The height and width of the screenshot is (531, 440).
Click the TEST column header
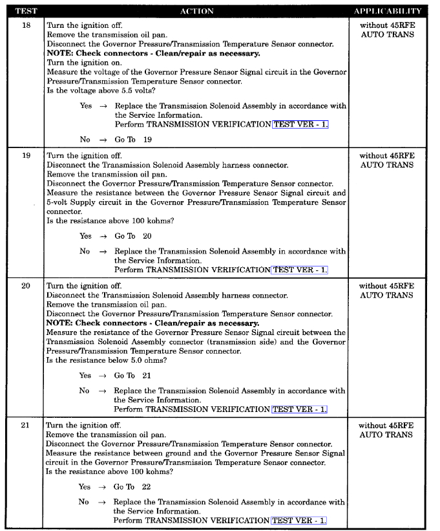(26, 11)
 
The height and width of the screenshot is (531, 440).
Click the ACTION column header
(197, 11)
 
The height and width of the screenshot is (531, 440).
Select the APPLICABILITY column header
(387, 11)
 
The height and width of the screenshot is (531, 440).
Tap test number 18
(26, 26)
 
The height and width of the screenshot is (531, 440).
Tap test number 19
(26, 156)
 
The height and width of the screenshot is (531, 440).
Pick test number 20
(26, 286)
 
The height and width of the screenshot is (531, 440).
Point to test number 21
(26, 426)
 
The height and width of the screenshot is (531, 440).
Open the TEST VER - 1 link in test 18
(300, 124)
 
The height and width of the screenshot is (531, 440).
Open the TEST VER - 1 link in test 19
(300, 270)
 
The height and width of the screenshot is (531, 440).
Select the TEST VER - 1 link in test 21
(299, 520)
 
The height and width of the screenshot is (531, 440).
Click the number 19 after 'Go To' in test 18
(147, 140)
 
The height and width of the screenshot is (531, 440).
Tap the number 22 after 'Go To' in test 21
(146, 487)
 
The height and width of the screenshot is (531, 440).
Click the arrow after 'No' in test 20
(102, 391)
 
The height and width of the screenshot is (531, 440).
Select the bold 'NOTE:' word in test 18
(59, 54)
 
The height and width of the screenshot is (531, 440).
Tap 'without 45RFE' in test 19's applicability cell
(387, 156)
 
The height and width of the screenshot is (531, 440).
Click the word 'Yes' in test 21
(85, 487)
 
